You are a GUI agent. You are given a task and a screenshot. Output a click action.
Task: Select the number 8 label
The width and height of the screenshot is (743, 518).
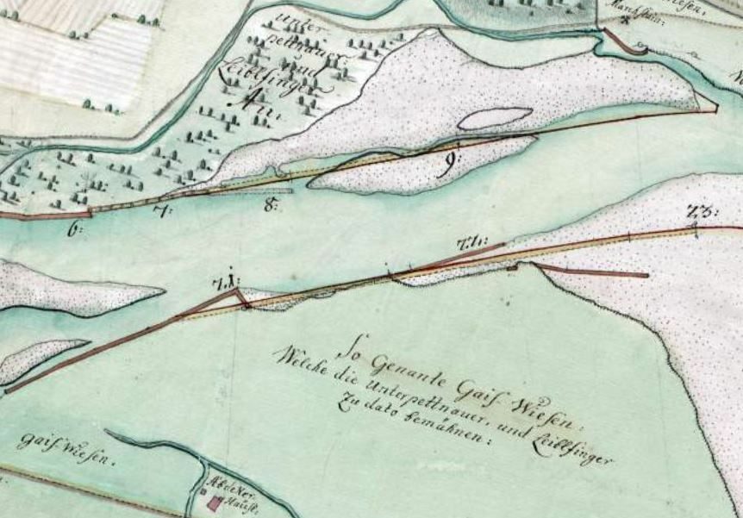(273, 205)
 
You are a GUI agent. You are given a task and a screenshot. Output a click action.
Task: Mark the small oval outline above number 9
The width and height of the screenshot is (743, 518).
(495, 118)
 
